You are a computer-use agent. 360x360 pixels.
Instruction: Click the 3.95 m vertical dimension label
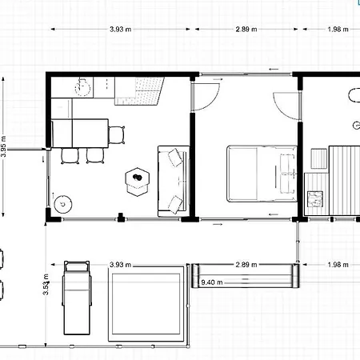pyautogui.click(x=3, y=146)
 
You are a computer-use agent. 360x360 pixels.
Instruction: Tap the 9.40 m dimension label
pyautogui.click(x=212, y=282)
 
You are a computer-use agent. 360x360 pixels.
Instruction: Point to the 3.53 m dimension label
pyautogui.click(x=46, y=284)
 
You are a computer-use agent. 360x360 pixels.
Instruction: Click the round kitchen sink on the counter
pyautogui.click(x=82, y=87)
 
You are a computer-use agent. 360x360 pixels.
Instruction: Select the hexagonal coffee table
pyautogui.click(x=138, y=182)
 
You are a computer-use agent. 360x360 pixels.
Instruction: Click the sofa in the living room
pyautogui.click(x=174, y=181)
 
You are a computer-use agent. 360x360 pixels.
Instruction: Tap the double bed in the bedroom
pyautogui.click(x=262, y=174)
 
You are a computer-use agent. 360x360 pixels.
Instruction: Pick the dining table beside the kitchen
pyautogui.click(x=80, y=134)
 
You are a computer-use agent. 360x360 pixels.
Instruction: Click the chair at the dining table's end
pyautogui.click(x=117, y=134)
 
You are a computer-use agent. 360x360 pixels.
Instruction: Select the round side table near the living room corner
pyautogui.click(x=63, y=205)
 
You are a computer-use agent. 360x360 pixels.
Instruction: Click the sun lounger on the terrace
pyautogui.click(x=77, y=298)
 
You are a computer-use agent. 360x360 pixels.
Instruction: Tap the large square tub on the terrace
pyautogui.click(x=146, y=303)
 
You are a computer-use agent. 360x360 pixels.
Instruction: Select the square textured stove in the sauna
pyautogui.click(x=315, y=199)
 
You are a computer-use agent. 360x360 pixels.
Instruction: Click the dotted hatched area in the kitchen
pyautogui.click(x=140, y=91)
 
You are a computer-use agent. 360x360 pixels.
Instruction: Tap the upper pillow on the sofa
pyautogui.click(x=175, y=158)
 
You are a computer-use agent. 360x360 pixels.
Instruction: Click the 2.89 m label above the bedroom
pyautogui.click(x=246, y=29)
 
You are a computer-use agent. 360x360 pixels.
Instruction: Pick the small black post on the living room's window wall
pyautogui.click(x=121, y=218)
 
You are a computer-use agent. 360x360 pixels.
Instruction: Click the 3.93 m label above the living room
pyautogui.click(x=121, y=29)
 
